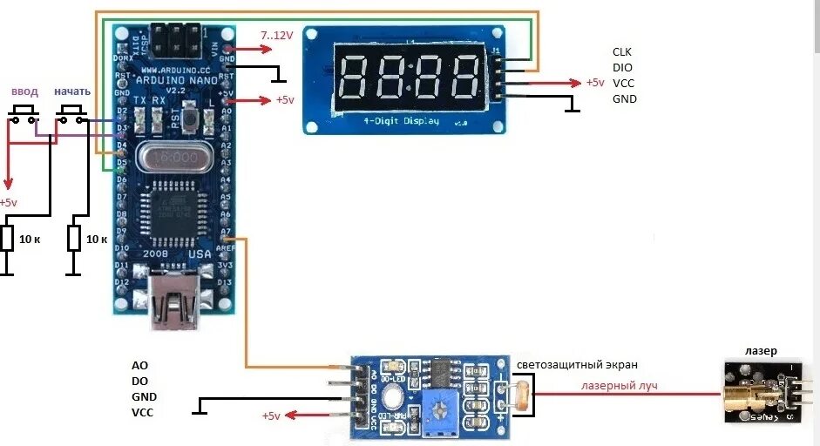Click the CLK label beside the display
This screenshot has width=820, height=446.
coord(622,52)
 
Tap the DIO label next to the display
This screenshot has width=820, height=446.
coord(622,67)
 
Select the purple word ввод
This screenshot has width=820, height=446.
coord(24,91)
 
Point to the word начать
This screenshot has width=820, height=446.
coord(71,91)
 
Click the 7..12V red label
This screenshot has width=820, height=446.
coord(277,34)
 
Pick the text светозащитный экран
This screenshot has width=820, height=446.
coord(577,365)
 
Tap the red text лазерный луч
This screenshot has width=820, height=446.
coord(620,385)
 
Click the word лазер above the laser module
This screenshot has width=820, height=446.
coord(761,351)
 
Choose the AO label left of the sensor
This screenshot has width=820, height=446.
coord(139,366)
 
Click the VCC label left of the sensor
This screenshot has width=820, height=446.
coord(142,412)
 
